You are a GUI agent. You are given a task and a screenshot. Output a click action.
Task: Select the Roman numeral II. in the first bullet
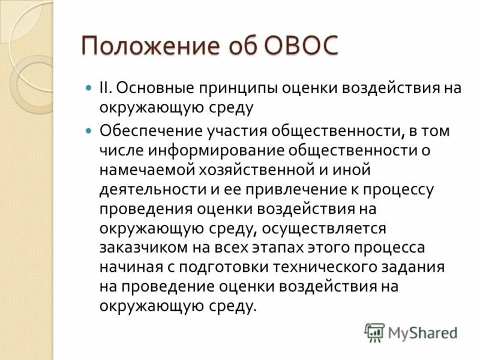pos(106,88)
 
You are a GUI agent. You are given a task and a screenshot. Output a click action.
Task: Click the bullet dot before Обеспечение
pos(89,130)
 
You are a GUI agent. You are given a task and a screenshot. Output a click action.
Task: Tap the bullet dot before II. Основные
pos(89,88)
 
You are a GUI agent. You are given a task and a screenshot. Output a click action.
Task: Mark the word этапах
pos(277,248)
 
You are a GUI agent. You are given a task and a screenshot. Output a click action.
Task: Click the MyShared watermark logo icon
pos(374,332)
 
